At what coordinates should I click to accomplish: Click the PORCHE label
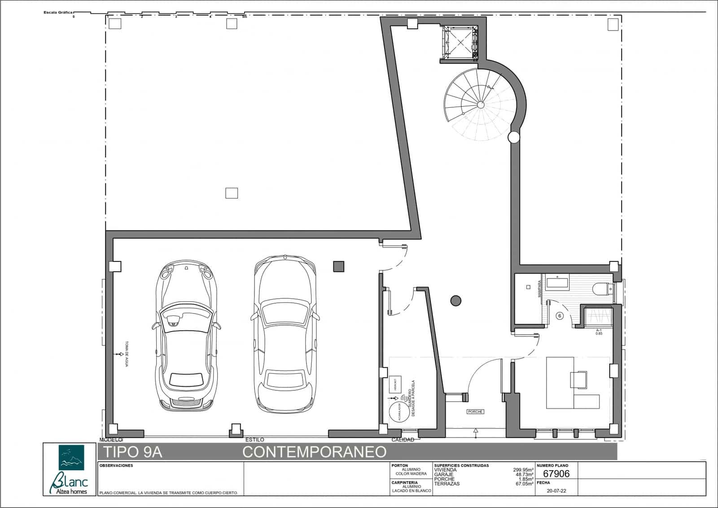tap(475, 411)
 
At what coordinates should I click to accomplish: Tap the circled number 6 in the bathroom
tap(560, 316)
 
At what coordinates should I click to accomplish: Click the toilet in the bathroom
tap(601, 289)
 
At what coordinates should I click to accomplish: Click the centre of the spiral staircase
tap(481, 105)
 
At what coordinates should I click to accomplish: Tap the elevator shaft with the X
tap(460, 42)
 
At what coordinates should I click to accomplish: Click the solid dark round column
tap(455, 301)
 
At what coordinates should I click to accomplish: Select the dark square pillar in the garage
tap(338, 266)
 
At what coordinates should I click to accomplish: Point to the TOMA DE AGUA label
tap(127, 354)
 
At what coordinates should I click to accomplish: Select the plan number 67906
tap(556, 474)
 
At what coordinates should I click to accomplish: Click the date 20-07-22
tap(556, 491)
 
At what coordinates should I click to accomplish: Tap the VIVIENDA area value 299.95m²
tap(523, 470)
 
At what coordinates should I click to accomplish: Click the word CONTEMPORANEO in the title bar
tap(314, 452)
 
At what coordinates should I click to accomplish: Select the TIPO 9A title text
tap(133, 452)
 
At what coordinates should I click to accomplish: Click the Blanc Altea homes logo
tap(70, 469)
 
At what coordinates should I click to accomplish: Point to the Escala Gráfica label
tap(57, 13)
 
